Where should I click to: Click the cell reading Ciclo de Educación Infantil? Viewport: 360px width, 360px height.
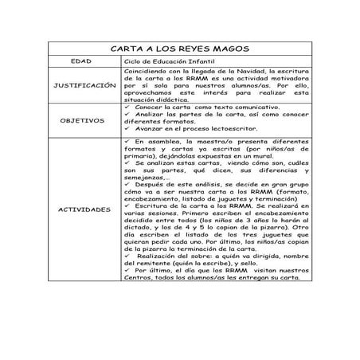[167, 61]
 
